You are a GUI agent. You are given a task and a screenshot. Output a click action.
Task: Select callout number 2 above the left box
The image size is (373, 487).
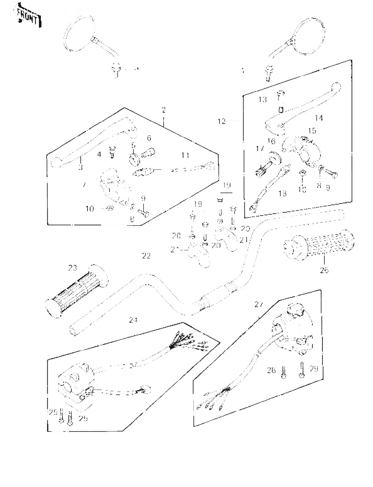click(164, 110)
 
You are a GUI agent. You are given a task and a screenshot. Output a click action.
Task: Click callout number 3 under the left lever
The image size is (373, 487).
click(80, 168)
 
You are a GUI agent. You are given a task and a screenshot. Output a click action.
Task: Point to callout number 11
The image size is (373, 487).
click(185, 156)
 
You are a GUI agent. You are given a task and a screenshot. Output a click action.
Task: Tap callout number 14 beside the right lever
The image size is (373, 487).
click(319, 118)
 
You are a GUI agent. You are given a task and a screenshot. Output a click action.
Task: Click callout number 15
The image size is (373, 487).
click(312, 131)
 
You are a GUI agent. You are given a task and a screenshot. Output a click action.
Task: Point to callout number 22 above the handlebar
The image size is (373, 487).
click(146, 256)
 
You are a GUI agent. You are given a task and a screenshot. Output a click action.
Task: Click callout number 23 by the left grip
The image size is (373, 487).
click(72, 268)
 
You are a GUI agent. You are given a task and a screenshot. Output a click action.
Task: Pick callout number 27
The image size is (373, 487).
click(259, 304)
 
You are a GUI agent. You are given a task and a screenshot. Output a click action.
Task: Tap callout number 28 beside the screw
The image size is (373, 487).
click(272, 370)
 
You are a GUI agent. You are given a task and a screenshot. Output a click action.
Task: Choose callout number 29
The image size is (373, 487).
click(314, 368)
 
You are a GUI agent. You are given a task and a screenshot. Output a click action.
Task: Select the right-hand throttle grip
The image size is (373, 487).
click(319, 244)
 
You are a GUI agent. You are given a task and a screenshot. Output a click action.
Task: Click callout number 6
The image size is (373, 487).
click(149, 138)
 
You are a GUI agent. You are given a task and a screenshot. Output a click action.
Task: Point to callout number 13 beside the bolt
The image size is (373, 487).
click(262, 99)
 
